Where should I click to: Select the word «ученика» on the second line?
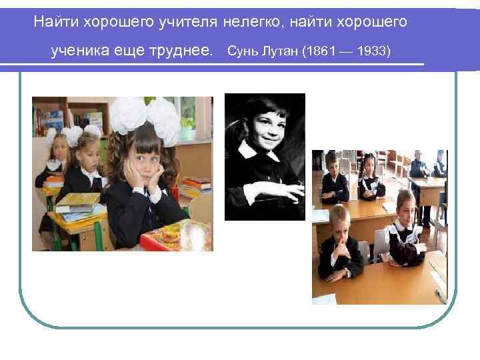(x=78, y=51)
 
